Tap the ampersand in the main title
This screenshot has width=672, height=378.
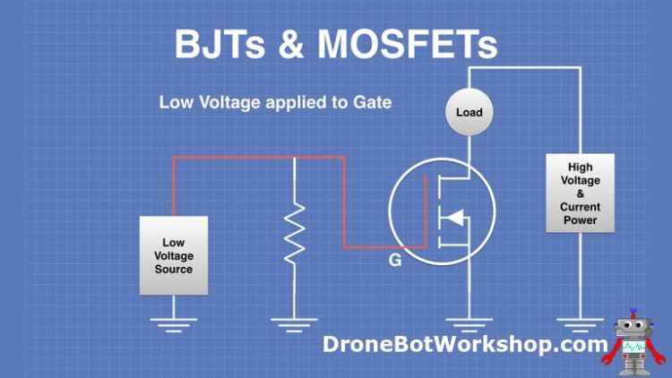302,43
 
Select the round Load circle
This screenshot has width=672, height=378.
469,113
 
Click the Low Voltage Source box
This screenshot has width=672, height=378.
174,255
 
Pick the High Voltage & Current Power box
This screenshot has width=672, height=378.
581,193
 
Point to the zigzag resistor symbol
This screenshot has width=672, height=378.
294,233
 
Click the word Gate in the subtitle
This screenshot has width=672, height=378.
372,102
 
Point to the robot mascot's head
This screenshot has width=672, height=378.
633,329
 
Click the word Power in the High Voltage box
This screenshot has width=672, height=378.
581,219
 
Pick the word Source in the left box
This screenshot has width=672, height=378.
174,269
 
